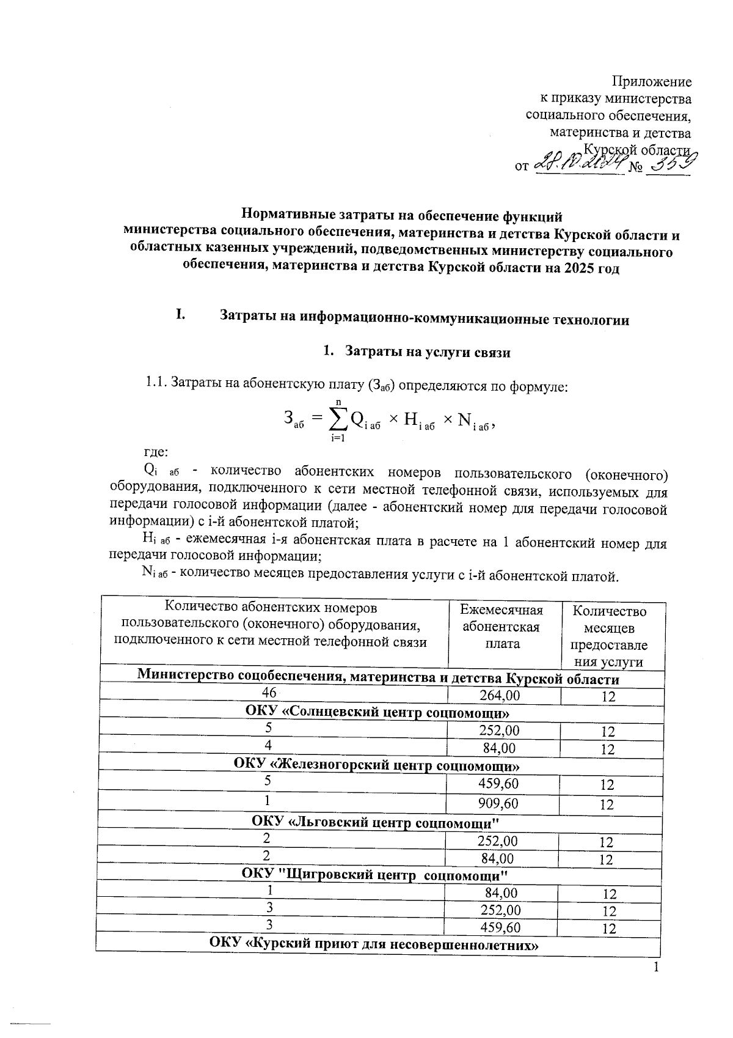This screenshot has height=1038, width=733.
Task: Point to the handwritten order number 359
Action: (669, 163)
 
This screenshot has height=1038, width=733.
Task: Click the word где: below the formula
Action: (155, 452)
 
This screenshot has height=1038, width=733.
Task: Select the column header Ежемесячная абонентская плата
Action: (502, 627)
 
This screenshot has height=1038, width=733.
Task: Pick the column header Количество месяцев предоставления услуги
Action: (608, 636)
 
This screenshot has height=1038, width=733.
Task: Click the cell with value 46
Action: (269, 693)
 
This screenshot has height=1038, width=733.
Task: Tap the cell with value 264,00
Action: (503, 696)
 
